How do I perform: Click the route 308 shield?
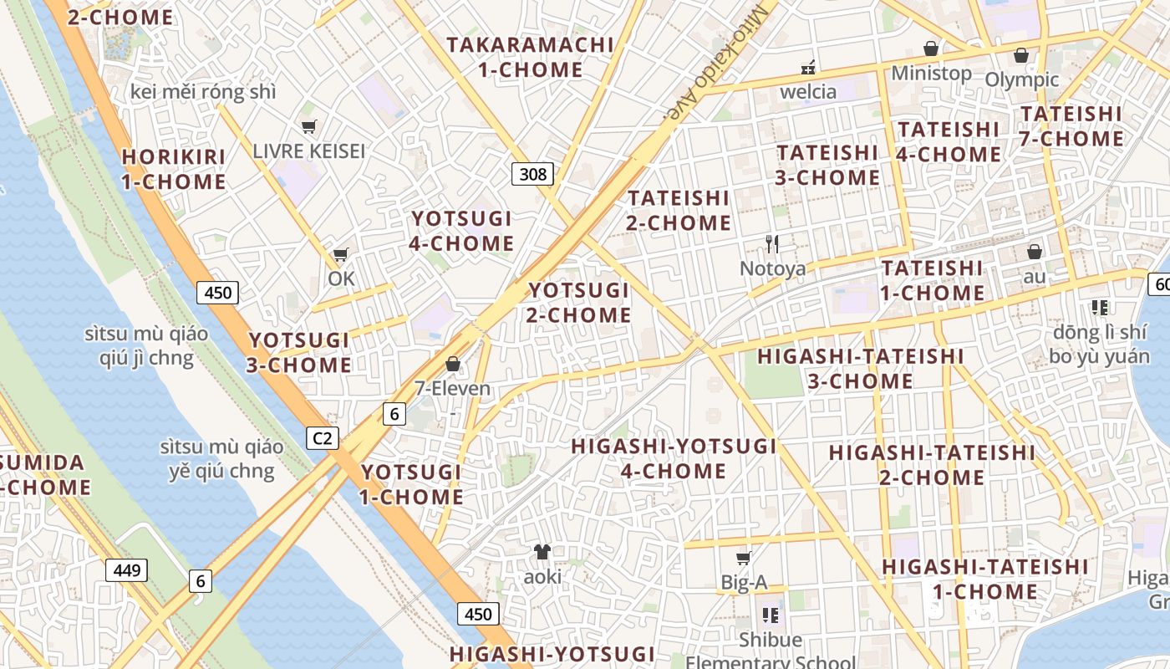click(532, 174)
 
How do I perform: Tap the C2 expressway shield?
click(322, 437)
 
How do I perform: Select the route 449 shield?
click(127, 570)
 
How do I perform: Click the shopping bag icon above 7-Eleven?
click(453, 364)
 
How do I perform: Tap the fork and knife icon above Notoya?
click(772, 244)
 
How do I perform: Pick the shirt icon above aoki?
click(542, 551)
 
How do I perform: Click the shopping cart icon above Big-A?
click(743, 558)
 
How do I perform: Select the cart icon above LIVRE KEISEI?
click(309, 127)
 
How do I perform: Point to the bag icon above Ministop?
click(931, 49)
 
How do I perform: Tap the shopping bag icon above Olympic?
click(1020, 56)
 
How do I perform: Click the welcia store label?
click(808, 91)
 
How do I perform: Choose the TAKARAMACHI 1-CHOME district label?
click(531, 57)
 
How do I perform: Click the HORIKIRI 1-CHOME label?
click(174, 169)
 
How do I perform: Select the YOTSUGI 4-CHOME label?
click(462, 231)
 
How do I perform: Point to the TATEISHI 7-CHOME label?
click(1071, 125)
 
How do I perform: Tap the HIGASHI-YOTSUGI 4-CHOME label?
click(674, 458)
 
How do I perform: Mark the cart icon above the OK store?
click(340, 255)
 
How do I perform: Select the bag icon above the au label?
click(1035, 252)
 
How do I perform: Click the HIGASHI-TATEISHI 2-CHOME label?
click(932, 465)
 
